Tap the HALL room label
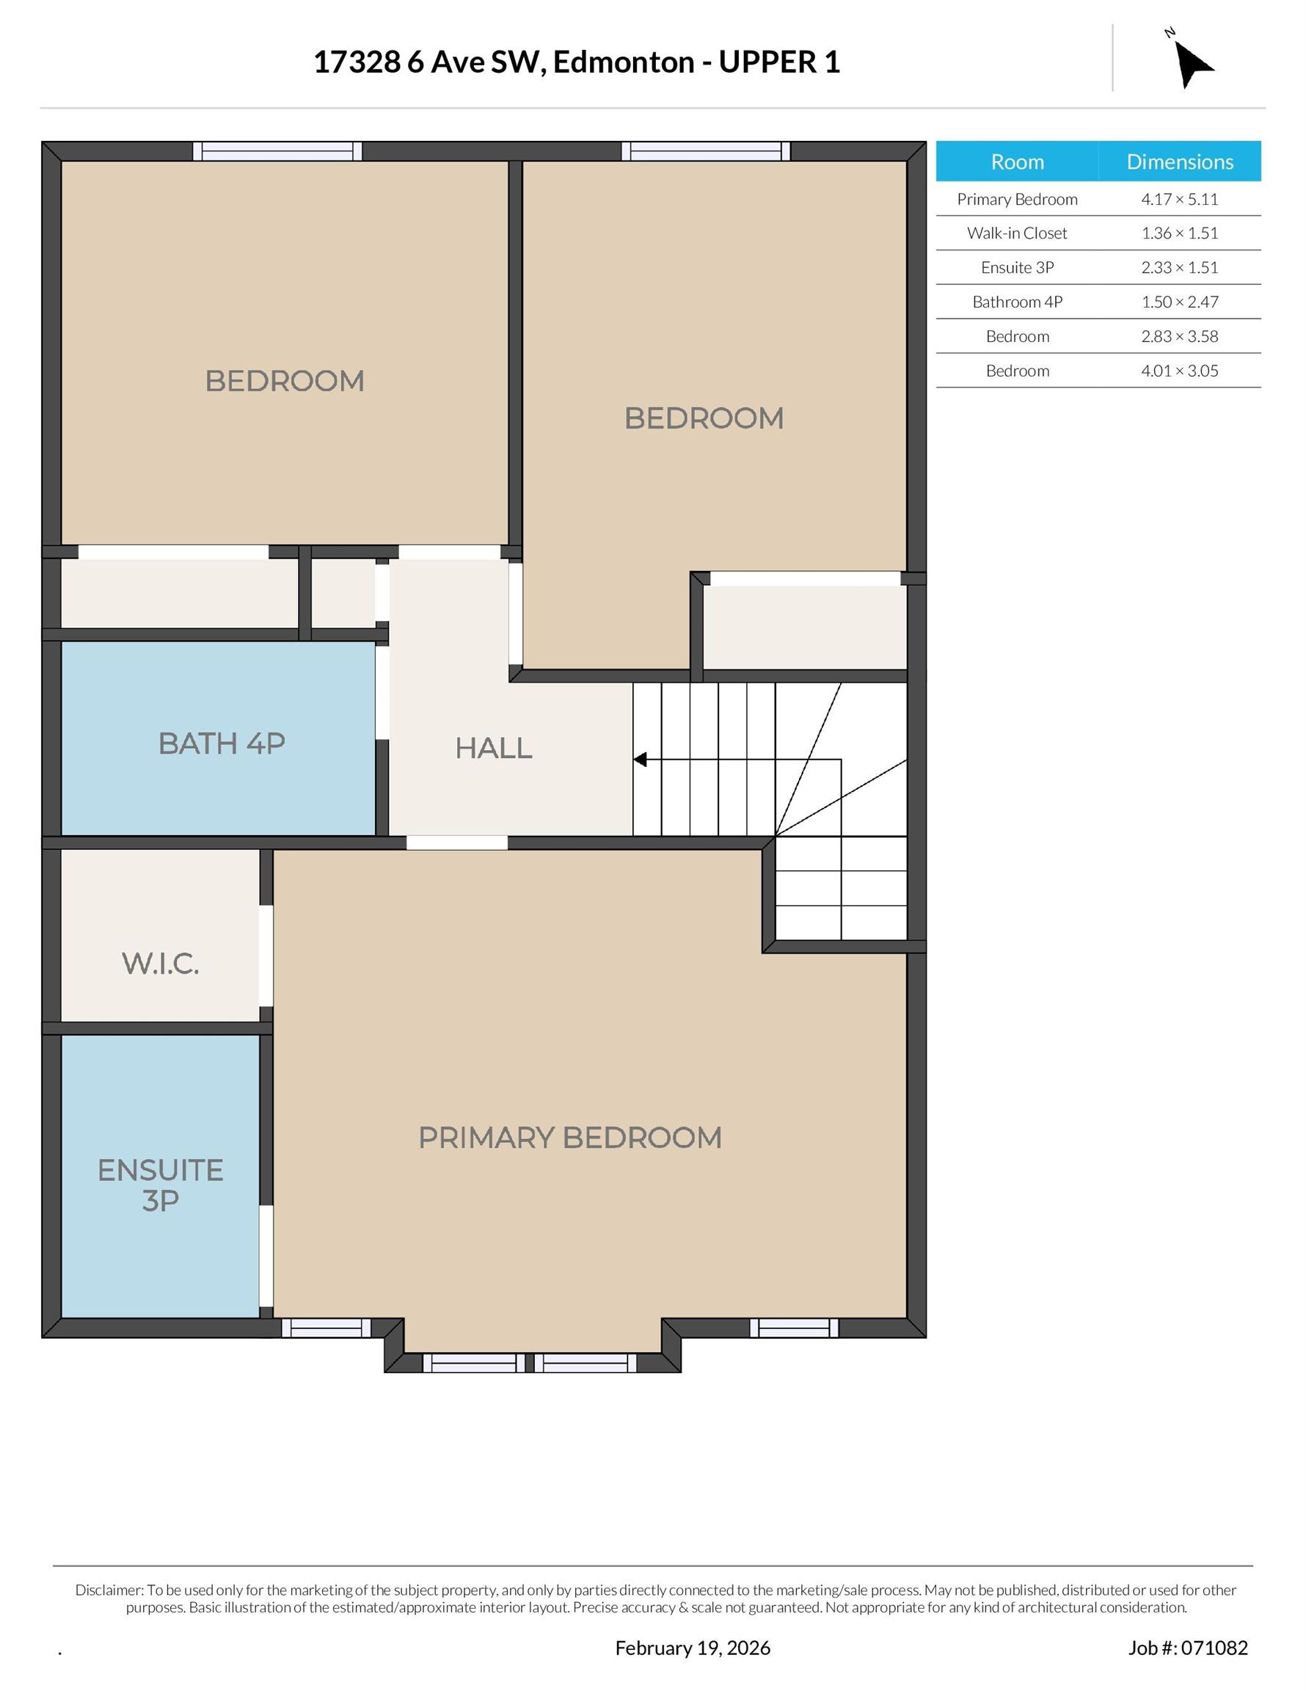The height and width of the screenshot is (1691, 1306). coord(493,748)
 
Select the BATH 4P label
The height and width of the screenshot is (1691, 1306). coord(222,743)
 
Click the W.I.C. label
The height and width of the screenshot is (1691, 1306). coord(160,963)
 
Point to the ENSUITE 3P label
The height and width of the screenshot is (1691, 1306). coord(160,1185)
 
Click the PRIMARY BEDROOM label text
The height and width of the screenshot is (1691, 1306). coord(570,1138)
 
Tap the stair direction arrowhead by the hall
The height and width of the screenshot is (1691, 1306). coord(641,760)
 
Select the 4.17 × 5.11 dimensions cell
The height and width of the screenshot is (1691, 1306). coord(1179,199)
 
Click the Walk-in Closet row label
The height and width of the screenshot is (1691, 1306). coord(1016,233)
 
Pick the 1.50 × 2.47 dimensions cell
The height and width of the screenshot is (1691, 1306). coord(1179,302)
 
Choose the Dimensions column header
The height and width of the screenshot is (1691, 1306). coord(1179,161)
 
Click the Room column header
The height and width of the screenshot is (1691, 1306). coord(1017,161)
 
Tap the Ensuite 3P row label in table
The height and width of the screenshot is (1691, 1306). coord(1017,268)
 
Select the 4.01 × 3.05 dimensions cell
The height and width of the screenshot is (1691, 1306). coord(1179,371)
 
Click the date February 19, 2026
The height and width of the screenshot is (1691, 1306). coord(693,1648)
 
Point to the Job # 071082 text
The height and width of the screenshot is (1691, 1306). coord(1188,1648)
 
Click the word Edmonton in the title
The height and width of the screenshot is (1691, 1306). coord(623,62)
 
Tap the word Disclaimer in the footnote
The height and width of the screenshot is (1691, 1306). coord(109,1590)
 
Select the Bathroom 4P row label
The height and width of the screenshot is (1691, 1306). coord(1017,302)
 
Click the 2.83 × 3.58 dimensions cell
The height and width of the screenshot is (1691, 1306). coord(1179,336)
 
